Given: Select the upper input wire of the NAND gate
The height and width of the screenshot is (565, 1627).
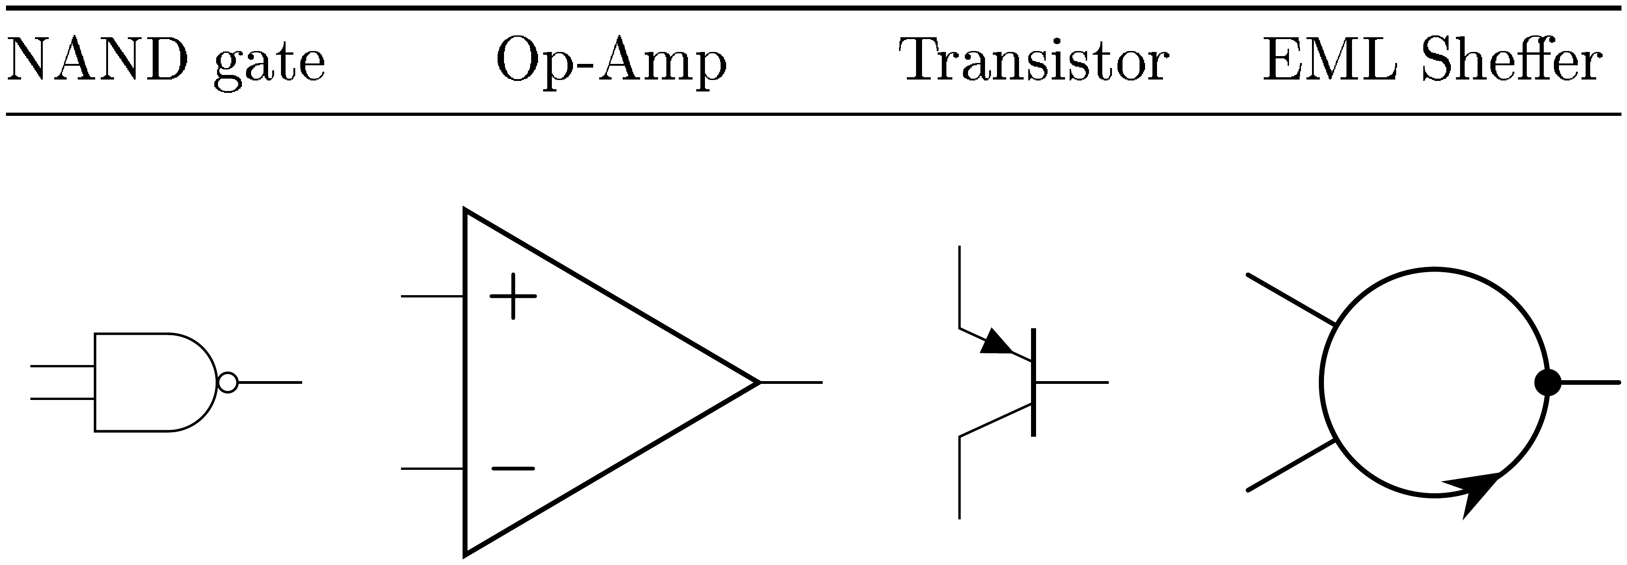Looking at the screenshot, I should [x=63, y=366].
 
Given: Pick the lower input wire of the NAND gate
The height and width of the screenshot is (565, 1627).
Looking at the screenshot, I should [x=63, y=399].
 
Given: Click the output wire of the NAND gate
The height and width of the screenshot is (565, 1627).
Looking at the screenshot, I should [x=270, y=382].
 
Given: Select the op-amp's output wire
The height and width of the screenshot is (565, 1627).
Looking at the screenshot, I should [x=791, y=382].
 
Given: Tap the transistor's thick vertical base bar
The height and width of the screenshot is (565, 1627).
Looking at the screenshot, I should [x=1033, y=382].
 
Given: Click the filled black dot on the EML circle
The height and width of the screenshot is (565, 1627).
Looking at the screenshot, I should [x=1548, y=382].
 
